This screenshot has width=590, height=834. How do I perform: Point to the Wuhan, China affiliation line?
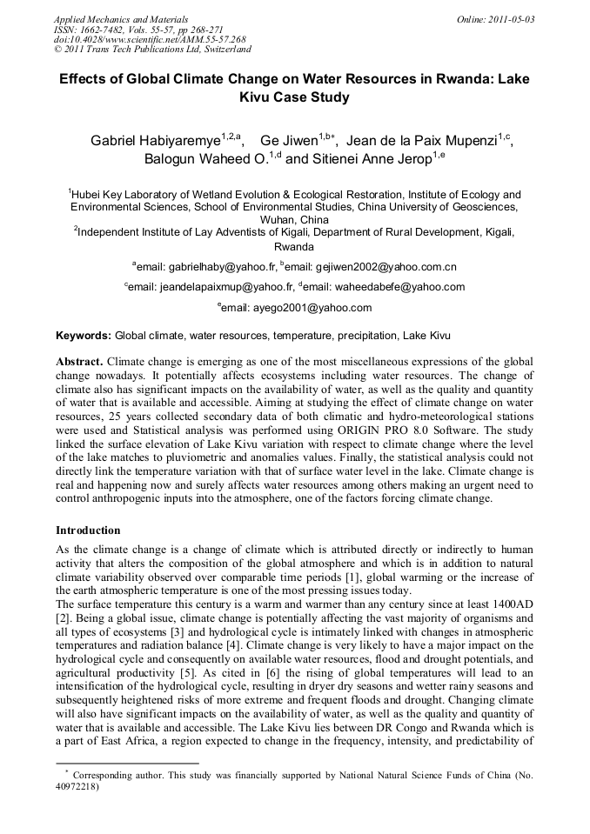click(295, 220)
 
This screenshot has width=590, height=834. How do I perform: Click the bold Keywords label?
click(84, 335)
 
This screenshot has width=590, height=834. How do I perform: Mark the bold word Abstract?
click(80, 360)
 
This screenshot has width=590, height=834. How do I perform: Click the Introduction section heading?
click(88, 530)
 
